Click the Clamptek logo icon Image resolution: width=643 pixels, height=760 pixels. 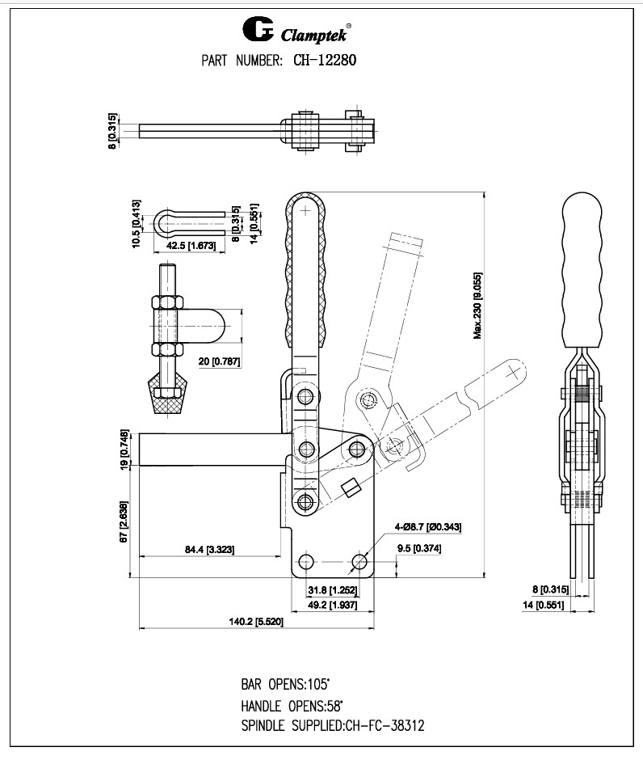(x=257, y=31)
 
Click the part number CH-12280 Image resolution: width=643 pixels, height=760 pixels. (x=321, y=60)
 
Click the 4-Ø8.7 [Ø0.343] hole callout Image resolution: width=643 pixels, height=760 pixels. (x=427, y=526)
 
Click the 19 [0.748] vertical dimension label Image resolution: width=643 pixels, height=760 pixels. (x=124, y=449)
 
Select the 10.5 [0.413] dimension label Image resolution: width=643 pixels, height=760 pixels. (x=137, y=223)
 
